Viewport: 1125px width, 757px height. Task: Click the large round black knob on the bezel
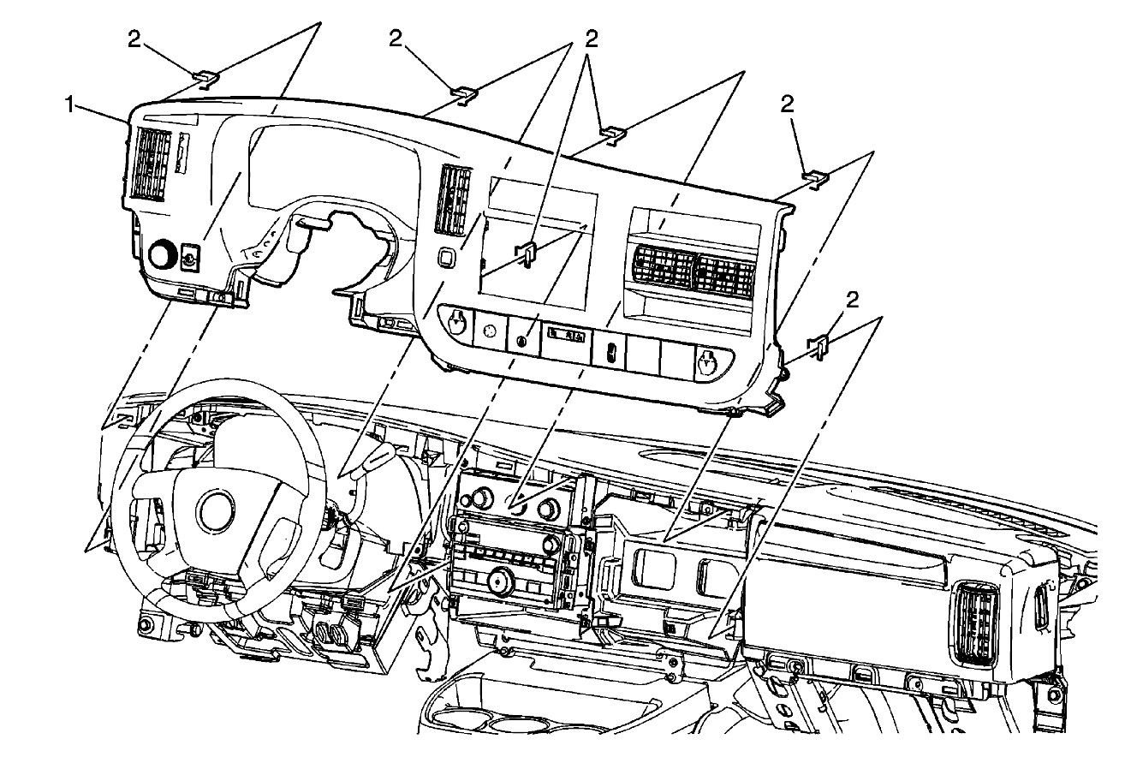coord(162,255)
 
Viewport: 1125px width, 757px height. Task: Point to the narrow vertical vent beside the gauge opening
coord(454,200)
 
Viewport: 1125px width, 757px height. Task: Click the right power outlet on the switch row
coord(707,362)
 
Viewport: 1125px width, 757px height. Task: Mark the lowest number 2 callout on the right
coord(851,298)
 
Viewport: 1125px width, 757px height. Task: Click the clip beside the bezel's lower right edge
coord(818,344)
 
